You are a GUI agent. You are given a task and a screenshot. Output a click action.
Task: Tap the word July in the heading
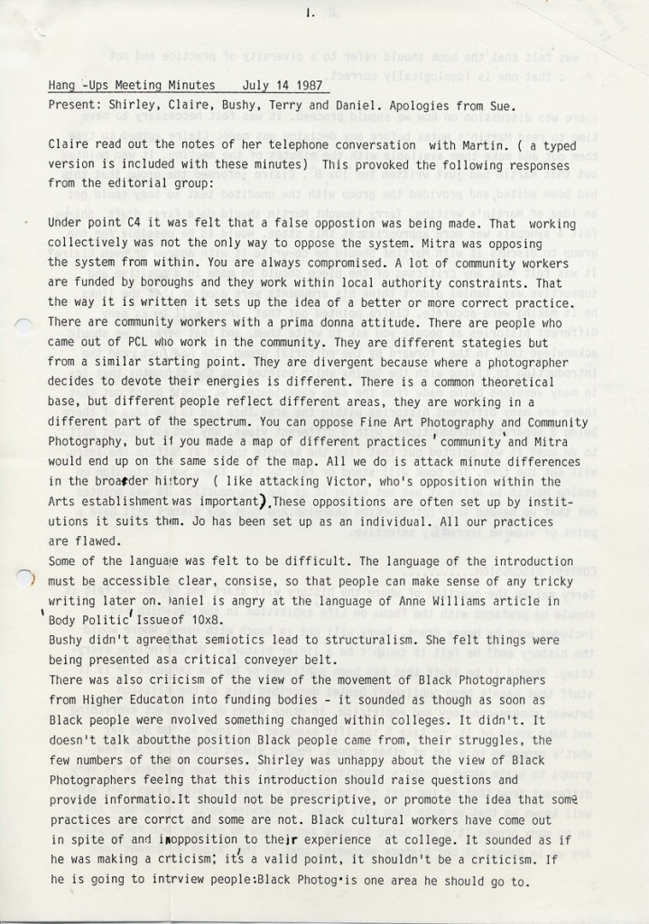coord(258,86)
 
